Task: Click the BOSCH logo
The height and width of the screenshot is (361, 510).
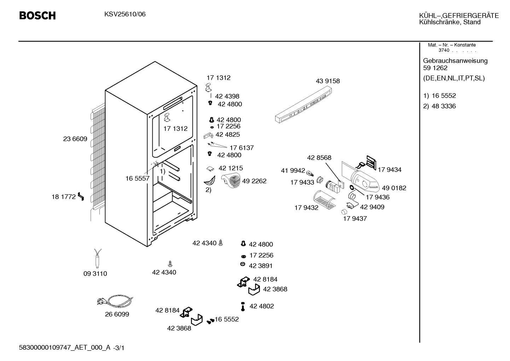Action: pyautogui.click(x=37, y=16)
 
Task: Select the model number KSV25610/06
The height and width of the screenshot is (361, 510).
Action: pyautogui.click(x=125, y=14)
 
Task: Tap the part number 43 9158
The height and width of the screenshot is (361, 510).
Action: pyautogui.click(x=328, y=81)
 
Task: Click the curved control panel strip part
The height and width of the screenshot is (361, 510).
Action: pyautogui.click(x=303, y=105)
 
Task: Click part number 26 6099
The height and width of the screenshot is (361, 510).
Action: pyautogui.click(x=117, y=314)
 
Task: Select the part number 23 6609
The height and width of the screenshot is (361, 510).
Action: pyautogui.click(x=75, y=139)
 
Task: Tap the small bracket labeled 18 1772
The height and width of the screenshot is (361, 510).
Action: pyautogui.click(x=81, y=196)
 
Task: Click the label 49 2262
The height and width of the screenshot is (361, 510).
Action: pyautogui.click(x=254, y=181)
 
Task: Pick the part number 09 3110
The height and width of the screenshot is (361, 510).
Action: pyautogui.click(x=95, y=273)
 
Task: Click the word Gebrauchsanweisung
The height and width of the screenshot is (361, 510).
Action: pyautogui.click(x=456, y=61)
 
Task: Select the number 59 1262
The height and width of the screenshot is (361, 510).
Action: pyautogui.click(x=435, y=68)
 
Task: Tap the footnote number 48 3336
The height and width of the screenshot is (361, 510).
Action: pyautogui.click(x=444, y=106)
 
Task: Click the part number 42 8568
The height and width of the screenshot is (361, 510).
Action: pyautogui.click(x=319, y=158)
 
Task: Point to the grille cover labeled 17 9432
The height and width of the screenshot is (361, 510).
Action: pyautogui.click(x=324, y=200)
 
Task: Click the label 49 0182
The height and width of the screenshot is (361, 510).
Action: pyautogui.click(x=394, y=188)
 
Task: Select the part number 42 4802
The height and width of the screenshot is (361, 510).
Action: pyautogui.click(x=262, y=306)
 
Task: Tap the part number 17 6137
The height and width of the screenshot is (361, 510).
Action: pyautogui.click(x=242, y=148)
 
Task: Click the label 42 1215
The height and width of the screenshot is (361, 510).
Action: pyautogui.click(x=231, y=168)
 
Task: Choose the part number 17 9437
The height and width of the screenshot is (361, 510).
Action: pyautogui.click(x=355, y=219)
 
